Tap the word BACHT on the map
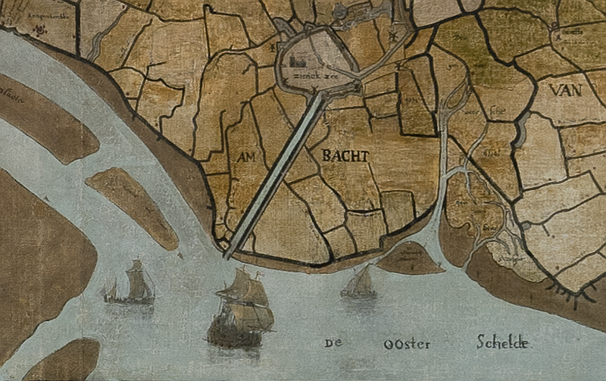[x=345, y=156]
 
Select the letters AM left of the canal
[x=248, y=158]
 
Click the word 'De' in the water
[x=333, y=343]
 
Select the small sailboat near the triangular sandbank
[x=359, y=283]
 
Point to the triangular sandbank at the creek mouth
[x=409, y=260]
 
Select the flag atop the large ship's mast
[x=243, y=270]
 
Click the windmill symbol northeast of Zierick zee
[x=392, y=36]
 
